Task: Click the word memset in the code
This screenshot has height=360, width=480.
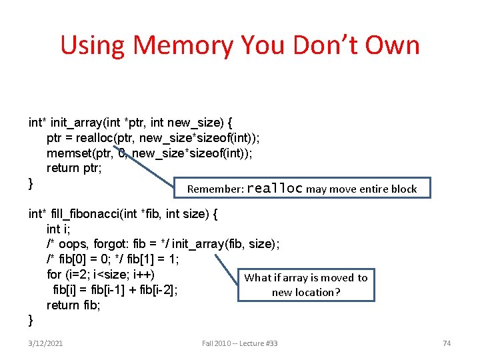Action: pyautogui.click(x=69, y=153)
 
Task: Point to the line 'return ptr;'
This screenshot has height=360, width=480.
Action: pyautogui.click(x=73, y=168)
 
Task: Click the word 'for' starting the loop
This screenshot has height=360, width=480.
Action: pyautogui.click(x=54, y=274)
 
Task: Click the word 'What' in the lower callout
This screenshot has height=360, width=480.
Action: pyautogui.click(x=257, y=278)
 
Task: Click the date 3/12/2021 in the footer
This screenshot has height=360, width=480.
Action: pyautogui.click(x=46, y=343)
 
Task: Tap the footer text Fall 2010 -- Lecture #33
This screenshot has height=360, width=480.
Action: pyautogui.click(x=239, y=343)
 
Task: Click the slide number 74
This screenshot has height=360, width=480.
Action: pyautogui.click(x=447, y=343)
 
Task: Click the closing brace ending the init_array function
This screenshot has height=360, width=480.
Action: pyautogui.click(x=31, y=183)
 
